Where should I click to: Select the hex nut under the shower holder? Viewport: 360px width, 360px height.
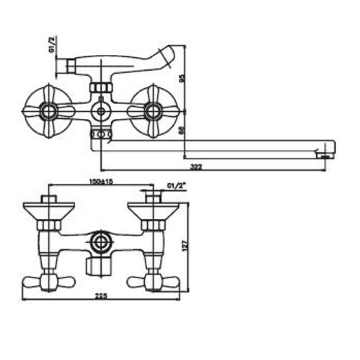[100, 87]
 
